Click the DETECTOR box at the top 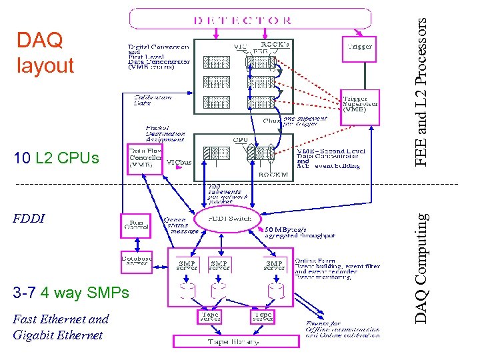tap(249, 18)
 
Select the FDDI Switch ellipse tap(228, 219)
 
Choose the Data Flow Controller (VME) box tap(144, 158)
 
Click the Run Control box tap(136, 225)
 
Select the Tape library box tap(226, 341)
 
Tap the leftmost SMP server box tap(187, 265)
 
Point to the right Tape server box tap(263, 315)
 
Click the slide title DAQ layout tap(45, 53)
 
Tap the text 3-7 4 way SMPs tap(70, 293)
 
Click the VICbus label tap(178, 162)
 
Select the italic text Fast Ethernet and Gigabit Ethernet tap(61, 327)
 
